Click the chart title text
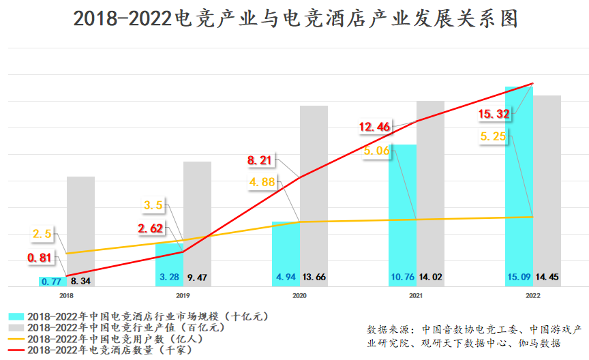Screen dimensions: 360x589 294,18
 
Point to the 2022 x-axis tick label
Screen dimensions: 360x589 532,295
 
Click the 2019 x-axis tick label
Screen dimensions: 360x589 183,295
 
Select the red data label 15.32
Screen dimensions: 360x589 495,114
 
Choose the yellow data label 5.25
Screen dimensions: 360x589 494,136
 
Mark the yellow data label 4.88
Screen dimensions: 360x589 262,181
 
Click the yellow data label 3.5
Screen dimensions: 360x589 153,205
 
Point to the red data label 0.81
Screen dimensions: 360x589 40,258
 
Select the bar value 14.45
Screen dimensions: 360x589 547,277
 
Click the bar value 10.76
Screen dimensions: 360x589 402,277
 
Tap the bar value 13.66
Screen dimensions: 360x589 314,277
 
